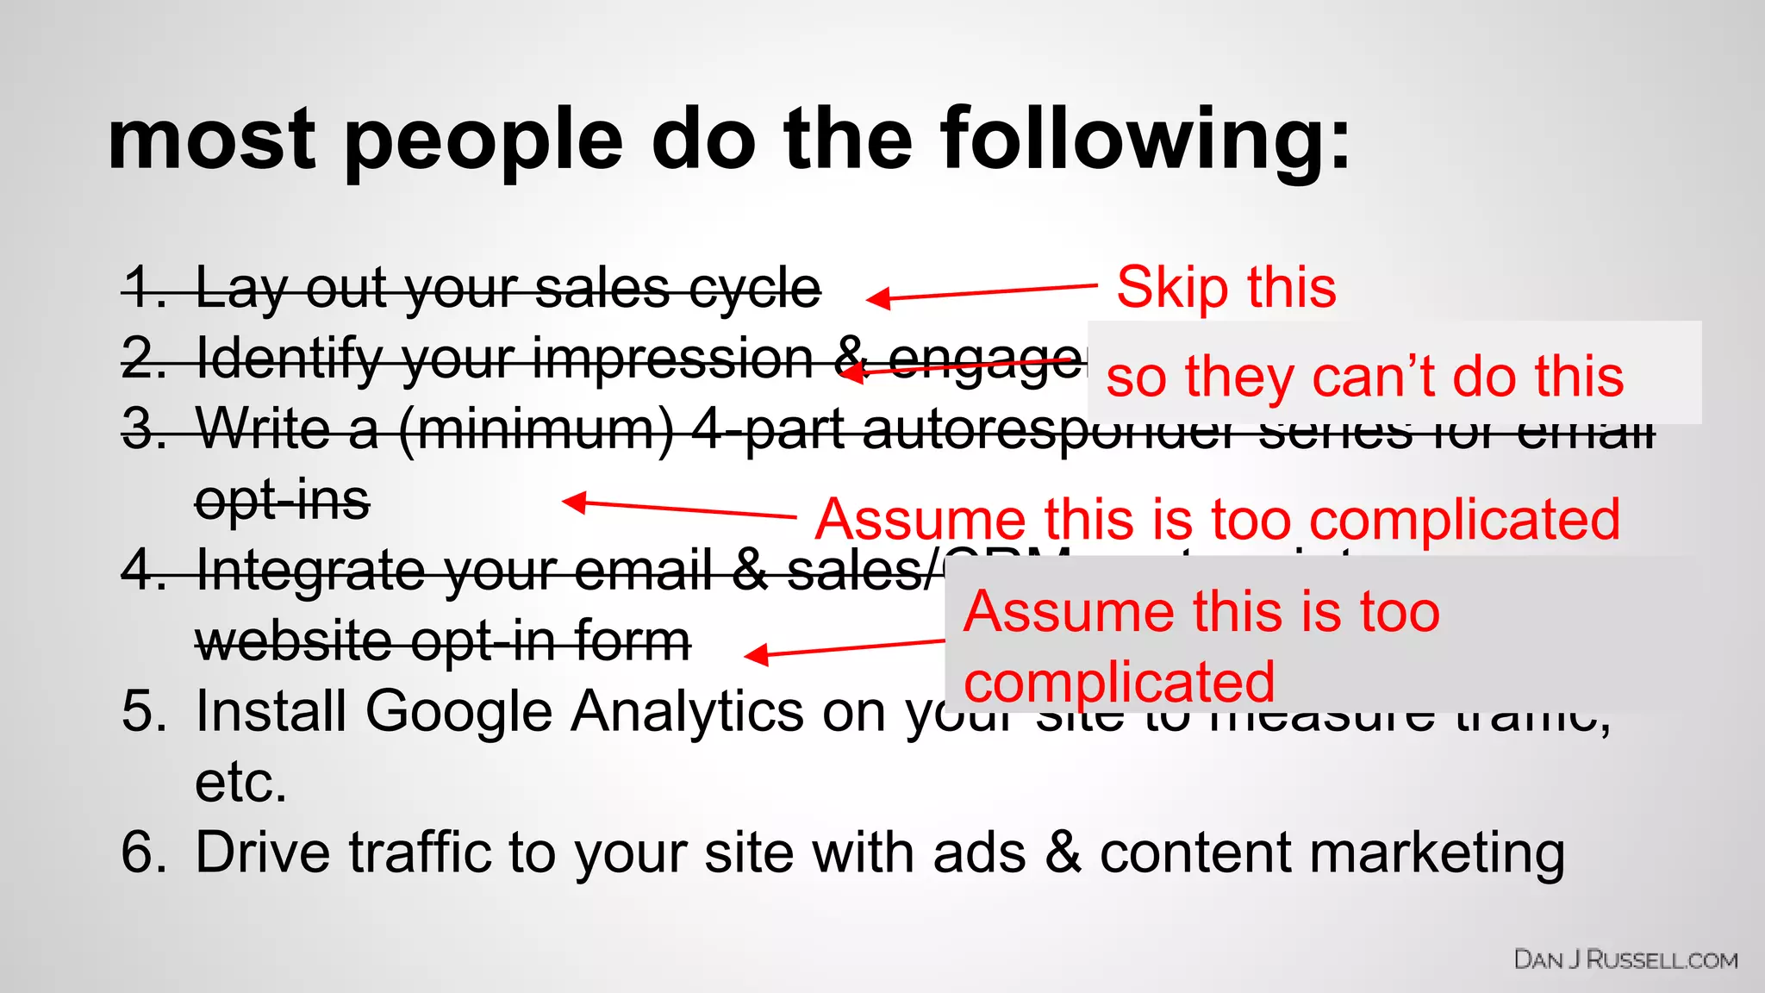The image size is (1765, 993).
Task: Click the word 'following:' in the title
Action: (1145, 141)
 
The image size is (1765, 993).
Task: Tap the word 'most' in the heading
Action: (212, 141)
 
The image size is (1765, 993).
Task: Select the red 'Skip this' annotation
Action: (1226, 287)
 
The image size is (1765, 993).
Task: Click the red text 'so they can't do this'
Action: (1364, 377)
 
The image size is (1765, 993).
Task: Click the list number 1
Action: (143, 288)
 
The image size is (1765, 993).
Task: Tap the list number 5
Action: (143, 712)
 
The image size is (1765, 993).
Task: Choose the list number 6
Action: (143, 852)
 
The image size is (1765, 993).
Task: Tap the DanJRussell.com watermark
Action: (1625, 959)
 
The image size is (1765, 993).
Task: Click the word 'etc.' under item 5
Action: (240, 783)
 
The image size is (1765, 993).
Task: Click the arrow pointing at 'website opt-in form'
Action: (845, 648)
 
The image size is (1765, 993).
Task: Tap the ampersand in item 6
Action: (1063, 852)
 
